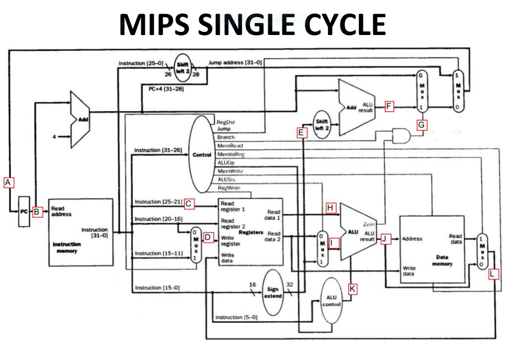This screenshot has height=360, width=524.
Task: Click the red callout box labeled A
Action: pos(8,182)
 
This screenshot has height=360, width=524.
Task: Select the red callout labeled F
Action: pos(389,107)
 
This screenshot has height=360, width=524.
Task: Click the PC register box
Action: pos(24,212)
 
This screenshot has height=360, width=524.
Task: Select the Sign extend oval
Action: pos(272,292)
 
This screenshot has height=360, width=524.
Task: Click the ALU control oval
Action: pos(332,301)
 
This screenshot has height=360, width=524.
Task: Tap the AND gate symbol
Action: pos(401,136)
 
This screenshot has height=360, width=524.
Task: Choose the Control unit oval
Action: pos(201,155)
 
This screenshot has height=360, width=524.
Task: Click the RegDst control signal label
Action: pos(225,121)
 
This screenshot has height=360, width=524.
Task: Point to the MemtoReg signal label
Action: pos(231,154)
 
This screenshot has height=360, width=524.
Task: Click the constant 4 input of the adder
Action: pos(54,137)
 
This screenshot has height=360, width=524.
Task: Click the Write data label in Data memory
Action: pos(409,271)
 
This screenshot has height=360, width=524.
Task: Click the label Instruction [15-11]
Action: pos(158,253)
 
